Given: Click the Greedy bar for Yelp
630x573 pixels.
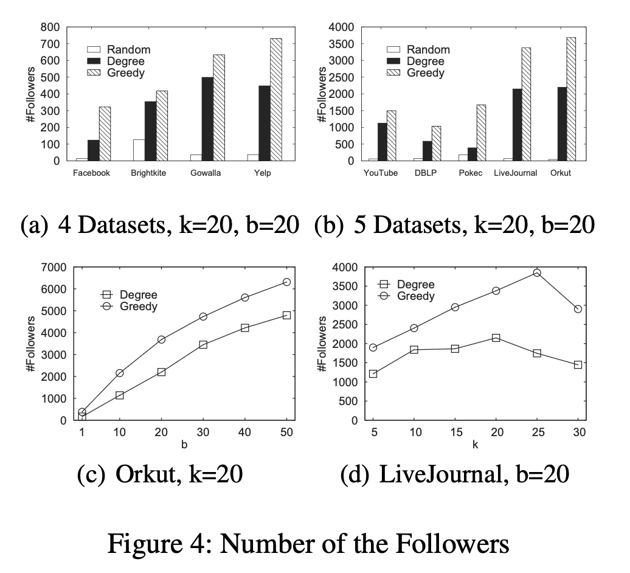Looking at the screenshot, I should point(276,100).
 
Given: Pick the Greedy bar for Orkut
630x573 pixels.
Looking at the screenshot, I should point(570,99).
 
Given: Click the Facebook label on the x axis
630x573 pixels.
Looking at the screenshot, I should point(91,173).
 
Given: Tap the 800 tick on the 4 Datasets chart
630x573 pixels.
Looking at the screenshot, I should point(50,27).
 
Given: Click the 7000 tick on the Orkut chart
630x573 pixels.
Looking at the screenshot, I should point(54,267).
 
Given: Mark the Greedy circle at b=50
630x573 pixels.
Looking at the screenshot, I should point(286,282).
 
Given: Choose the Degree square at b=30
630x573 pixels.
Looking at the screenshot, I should point(203,344).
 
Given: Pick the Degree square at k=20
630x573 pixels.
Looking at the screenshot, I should point(496,338).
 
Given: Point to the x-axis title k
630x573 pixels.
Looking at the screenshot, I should point(475,445).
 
